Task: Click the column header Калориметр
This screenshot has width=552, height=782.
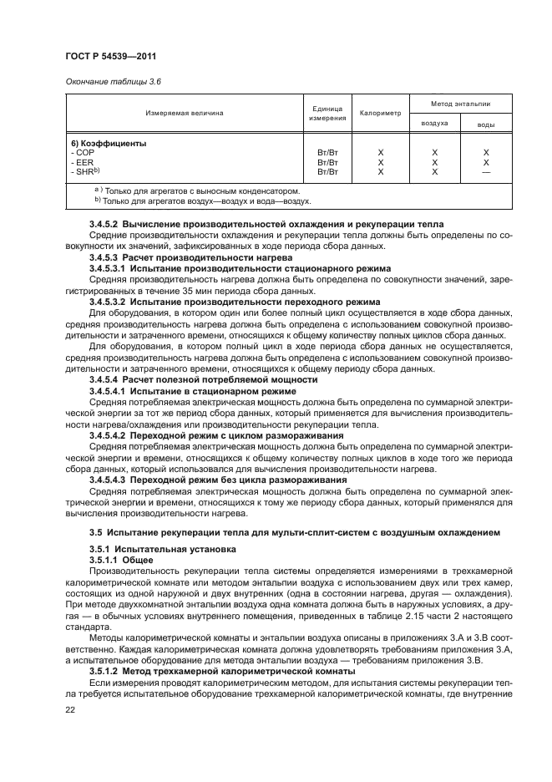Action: [380, 113]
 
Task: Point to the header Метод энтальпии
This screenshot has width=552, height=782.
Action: [460, 104]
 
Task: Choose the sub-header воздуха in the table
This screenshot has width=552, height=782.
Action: [434, 123]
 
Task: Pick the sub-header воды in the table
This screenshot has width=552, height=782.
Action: [485, 124]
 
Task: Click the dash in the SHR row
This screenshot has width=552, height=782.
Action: [485, 171]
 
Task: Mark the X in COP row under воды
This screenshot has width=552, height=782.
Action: [485, 153]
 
